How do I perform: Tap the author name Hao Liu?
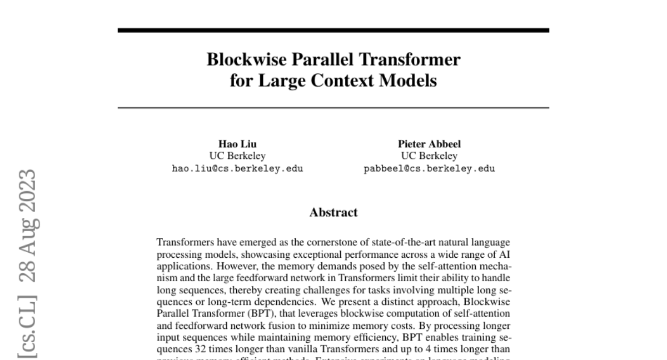point(237,144)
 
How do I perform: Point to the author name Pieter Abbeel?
point(429,144)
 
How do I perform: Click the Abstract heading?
point(333,212)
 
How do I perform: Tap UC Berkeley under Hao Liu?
point(237,156)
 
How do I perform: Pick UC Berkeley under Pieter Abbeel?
point(429,156)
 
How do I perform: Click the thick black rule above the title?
point(333,30)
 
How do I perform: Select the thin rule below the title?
point(333,107)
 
